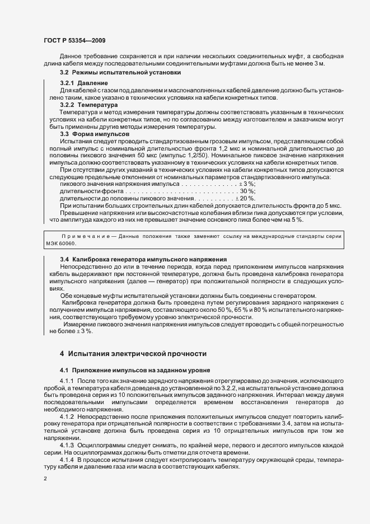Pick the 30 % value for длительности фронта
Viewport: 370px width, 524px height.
click(x=247, y=191)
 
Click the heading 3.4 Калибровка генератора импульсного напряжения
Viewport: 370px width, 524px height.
click(x=143, y=260)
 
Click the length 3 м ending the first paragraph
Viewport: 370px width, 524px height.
click(x=319, y=64)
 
